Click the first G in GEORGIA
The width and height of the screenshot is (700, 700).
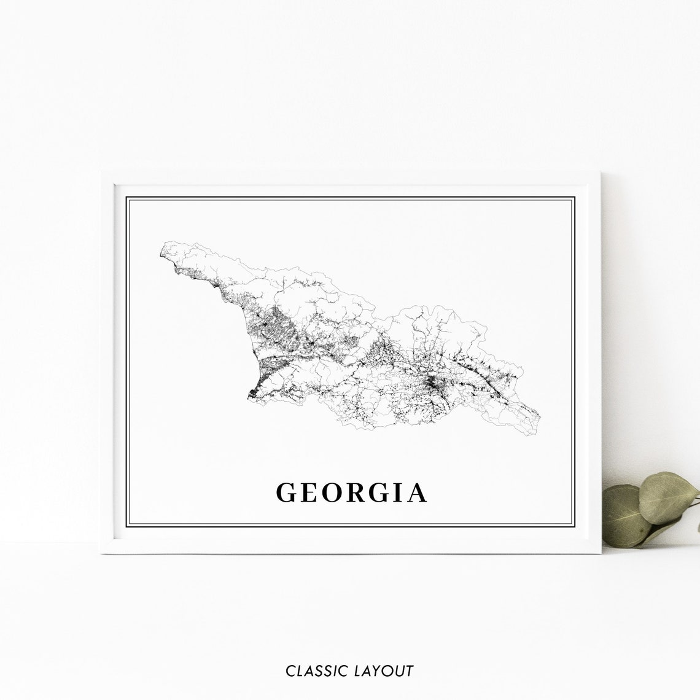[x=289, y=492]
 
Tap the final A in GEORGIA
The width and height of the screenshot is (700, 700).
[x=419, y=492]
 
